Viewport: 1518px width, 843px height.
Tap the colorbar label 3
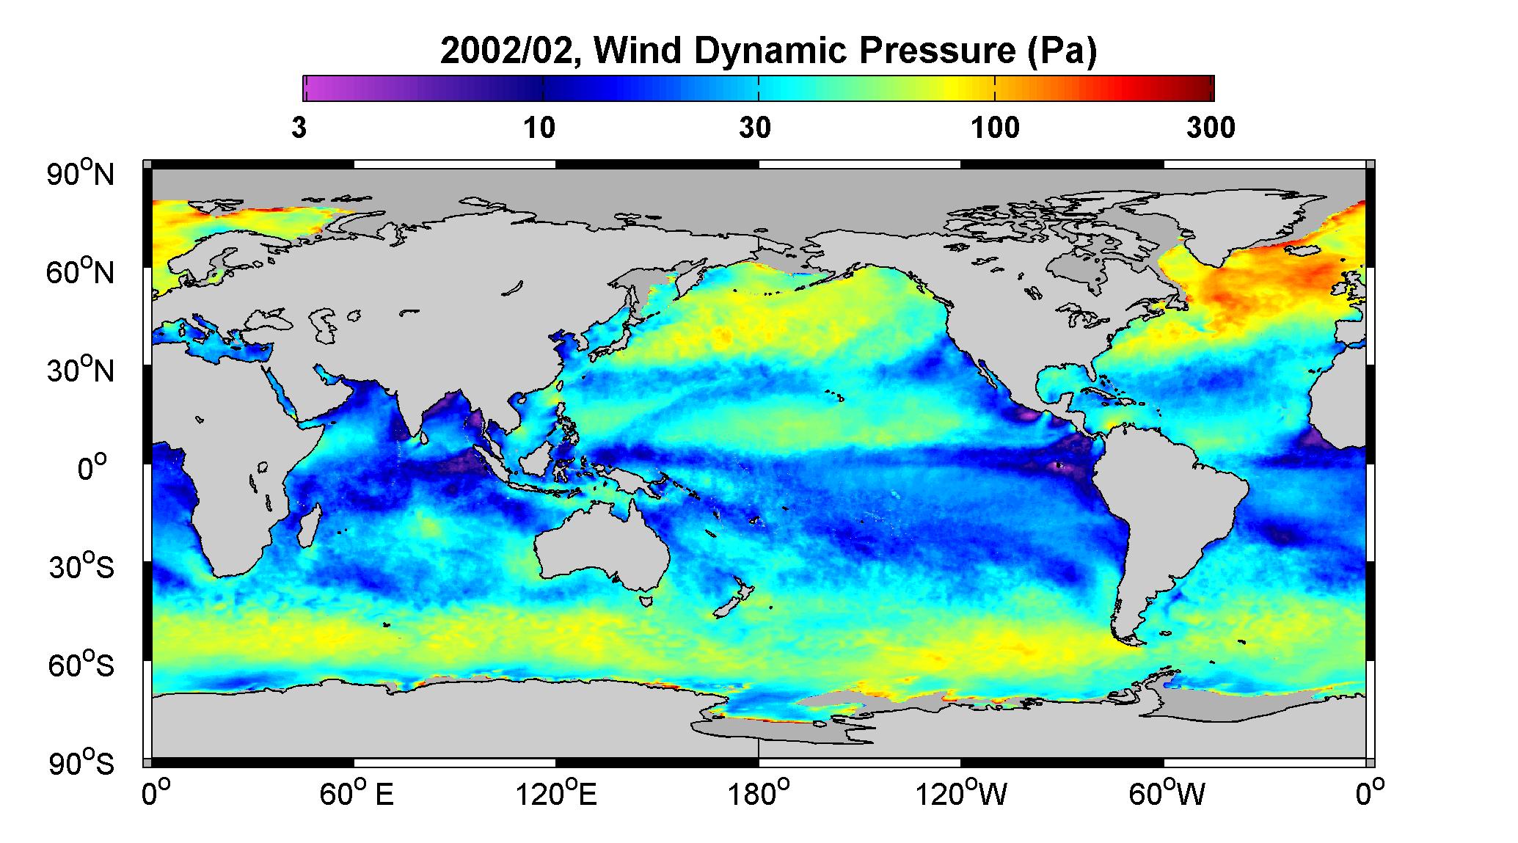tap(299, 128)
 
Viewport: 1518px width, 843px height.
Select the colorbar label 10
tap(539, 128)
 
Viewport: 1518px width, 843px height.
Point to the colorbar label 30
tap(756, 128)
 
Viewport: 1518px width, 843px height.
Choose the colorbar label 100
tap(995, 128)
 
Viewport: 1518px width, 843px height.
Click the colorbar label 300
tap(1211, 128)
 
